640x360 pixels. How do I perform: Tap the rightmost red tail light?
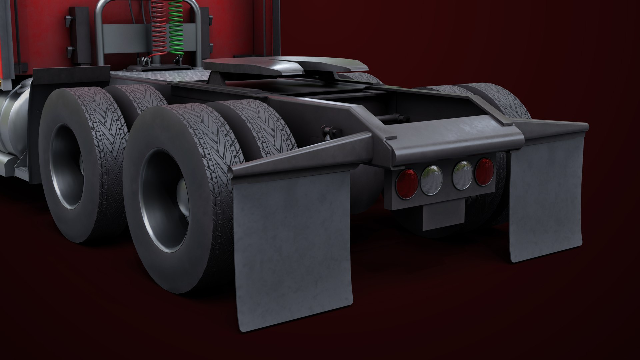point(485,172)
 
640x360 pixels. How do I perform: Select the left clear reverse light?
point(431,180)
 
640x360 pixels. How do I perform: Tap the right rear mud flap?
point(546,200)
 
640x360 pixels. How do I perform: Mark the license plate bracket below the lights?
point(443,217)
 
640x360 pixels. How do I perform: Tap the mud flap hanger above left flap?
point(300,153)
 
